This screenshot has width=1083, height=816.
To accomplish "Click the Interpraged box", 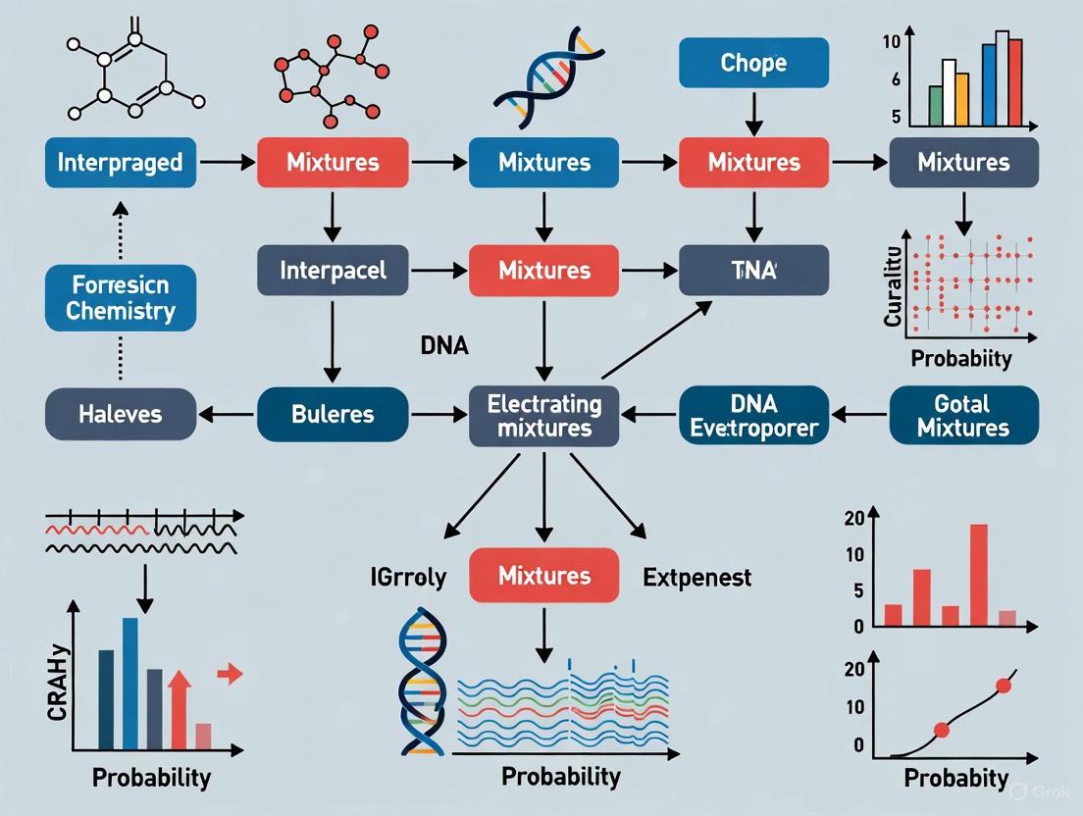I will click(120, 163).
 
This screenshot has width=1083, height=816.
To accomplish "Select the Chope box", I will click(753, 64).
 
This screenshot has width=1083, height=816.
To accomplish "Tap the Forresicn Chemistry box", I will click(120, 299).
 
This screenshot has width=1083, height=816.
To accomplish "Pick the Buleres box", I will click(333, 414).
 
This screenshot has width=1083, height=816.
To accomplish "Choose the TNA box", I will click(753, 270).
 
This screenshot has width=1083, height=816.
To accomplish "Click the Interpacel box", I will click(333, 270).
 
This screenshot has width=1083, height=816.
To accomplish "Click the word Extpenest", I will click(696, 577).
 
